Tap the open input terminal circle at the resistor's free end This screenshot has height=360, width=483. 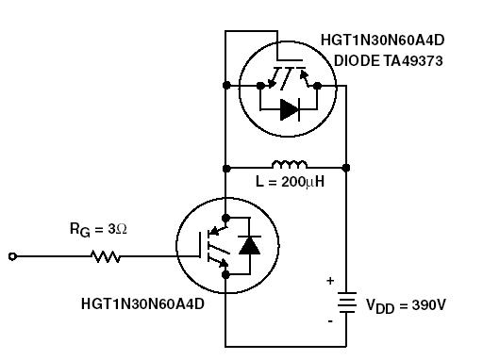click(12, 255)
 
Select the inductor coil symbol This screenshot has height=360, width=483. click(289, 165)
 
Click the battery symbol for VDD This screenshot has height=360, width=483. click(346, 303)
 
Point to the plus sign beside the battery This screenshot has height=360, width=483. click(330, 281)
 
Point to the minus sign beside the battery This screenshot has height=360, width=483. click(330, 321)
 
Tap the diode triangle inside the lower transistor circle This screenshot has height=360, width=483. click(249, 247)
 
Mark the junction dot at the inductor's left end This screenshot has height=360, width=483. click(226, 168)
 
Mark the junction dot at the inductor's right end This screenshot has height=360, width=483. click(346, 168)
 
